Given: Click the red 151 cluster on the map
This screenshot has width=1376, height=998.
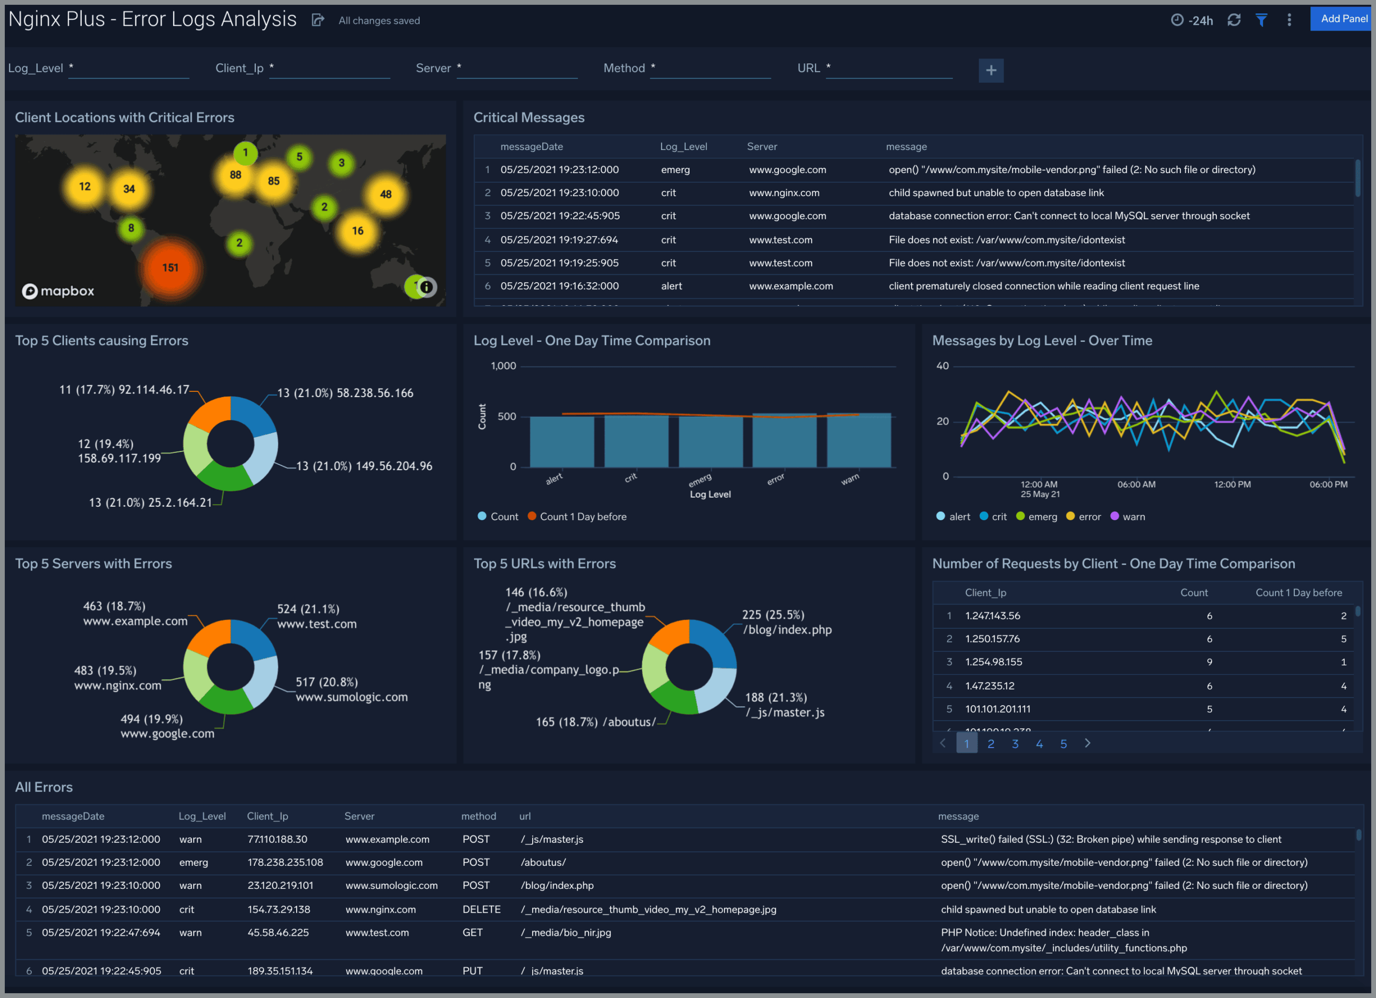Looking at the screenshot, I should click(170, 268).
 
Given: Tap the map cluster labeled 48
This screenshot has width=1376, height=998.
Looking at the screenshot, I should click(385, 195).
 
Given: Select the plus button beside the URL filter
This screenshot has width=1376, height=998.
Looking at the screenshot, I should click(991, 70).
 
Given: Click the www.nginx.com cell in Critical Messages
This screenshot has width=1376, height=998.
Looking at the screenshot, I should click(784, 193).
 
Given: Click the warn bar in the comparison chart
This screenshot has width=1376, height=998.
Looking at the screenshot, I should click(858, 441).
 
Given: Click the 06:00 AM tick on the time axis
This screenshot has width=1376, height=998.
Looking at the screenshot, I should click(1136, 485).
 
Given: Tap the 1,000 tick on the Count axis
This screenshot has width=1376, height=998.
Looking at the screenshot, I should click(503, 367).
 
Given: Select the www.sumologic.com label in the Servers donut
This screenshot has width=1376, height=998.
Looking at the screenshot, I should click(352, 697).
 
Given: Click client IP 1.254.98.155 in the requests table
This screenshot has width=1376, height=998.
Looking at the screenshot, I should click(993, 662).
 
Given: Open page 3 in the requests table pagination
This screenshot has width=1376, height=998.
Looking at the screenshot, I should click(1015, 744).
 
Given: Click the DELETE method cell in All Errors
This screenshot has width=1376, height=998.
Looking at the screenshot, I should click(481, 909).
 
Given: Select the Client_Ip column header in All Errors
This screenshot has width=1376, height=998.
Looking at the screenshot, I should click(268, 816).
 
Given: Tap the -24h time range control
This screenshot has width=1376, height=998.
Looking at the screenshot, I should click(1192, 20).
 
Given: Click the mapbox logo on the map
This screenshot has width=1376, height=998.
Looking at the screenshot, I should click(58, 291).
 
